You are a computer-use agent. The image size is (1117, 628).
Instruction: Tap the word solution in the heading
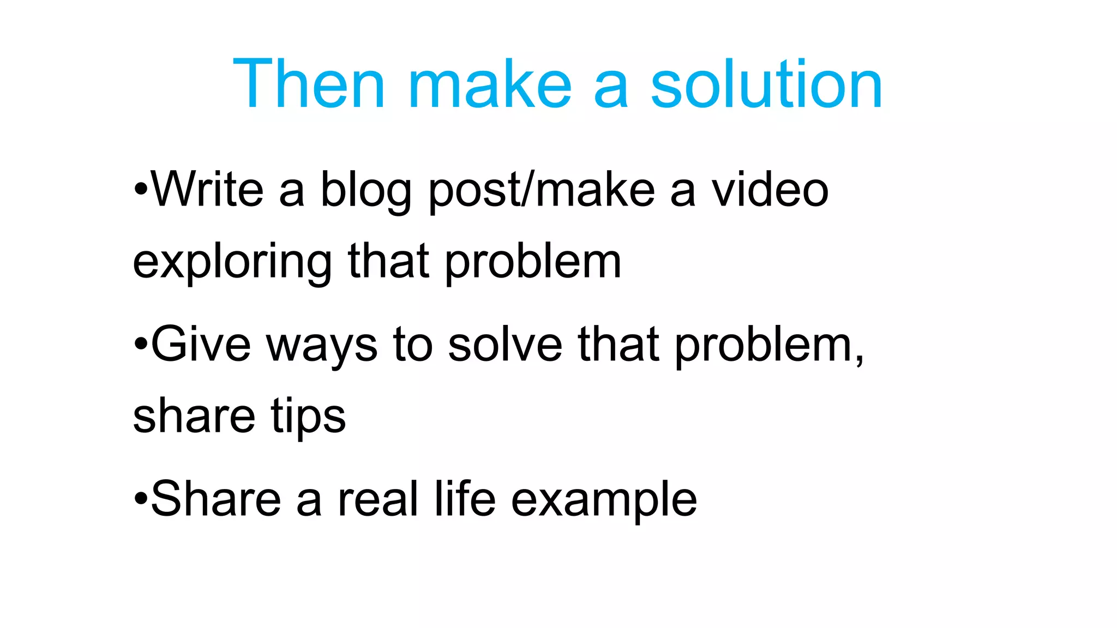click(x=766, y=84)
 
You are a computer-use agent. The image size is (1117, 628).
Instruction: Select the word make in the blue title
click(x=490, y=84)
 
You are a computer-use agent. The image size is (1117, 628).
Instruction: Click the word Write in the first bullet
click(x=207, y=189)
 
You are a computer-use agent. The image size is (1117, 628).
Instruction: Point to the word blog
click(x=365, y=191)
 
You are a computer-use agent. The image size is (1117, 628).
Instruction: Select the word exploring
click(x=232, y=263)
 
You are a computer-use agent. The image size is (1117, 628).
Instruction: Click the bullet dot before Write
click(x=141, y=190)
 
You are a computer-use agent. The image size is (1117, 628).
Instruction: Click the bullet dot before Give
click(x=141, y=345)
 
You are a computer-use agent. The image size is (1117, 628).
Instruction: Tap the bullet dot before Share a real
click(x=141, y=499)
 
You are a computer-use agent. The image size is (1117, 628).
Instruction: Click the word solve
click(x=505, y=345)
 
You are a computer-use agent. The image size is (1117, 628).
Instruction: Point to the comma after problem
click(x=859, y=360)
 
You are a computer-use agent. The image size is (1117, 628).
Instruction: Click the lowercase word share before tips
click(x=194, y=415)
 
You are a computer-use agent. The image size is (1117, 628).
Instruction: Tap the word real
click(x=378, y=499)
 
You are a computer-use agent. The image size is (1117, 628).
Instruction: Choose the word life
click(x=465, y=499)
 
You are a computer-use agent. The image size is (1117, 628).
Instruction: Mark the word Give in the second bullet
click(x=200, y=345)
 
